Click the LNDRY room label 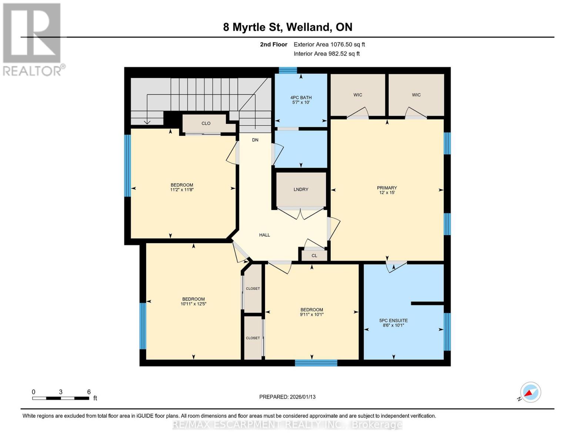pos(301,189)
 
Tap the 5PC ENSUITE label pos(393,320)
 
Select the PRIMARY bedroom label pos(387,188)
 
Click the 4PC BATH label pos(301,98)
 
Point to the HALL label pos(264,235)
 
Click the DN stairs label pos(255,140)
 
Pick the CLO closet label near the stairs pos(206,123)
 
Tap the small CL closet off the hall pos(314,256)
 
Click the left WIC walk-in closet pos(357,95)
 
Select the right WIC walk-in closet pos(416,95)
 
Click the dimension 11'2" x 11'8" pos(182,190)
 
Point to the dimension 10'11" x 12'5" pos(193,304)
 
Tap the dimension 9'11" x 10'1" pos(311,314)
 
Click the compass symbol pos(530,392)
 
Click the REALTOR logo pos(33,39)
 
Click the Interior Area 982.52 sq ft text pos(327,54)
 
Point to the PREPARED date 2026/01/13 pos(287,397)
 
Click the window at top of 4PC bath pos(288,70)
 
